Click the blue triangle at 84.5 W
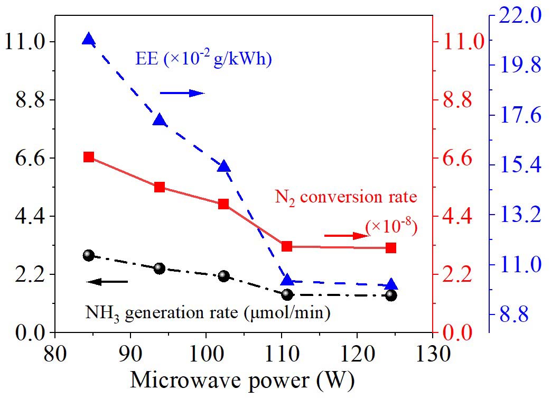pos(89,39)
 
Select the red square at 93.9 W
pos(160,187)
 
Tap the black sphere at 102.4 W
pos(223,276)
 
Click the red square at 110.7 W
pos(287,246)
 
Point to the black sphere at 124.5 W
pos(391,295)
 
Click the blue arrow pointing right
pos(182,94)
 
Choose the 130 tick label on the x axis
pos(433,351)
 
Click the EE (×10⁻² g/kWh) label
pos(203,59)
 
